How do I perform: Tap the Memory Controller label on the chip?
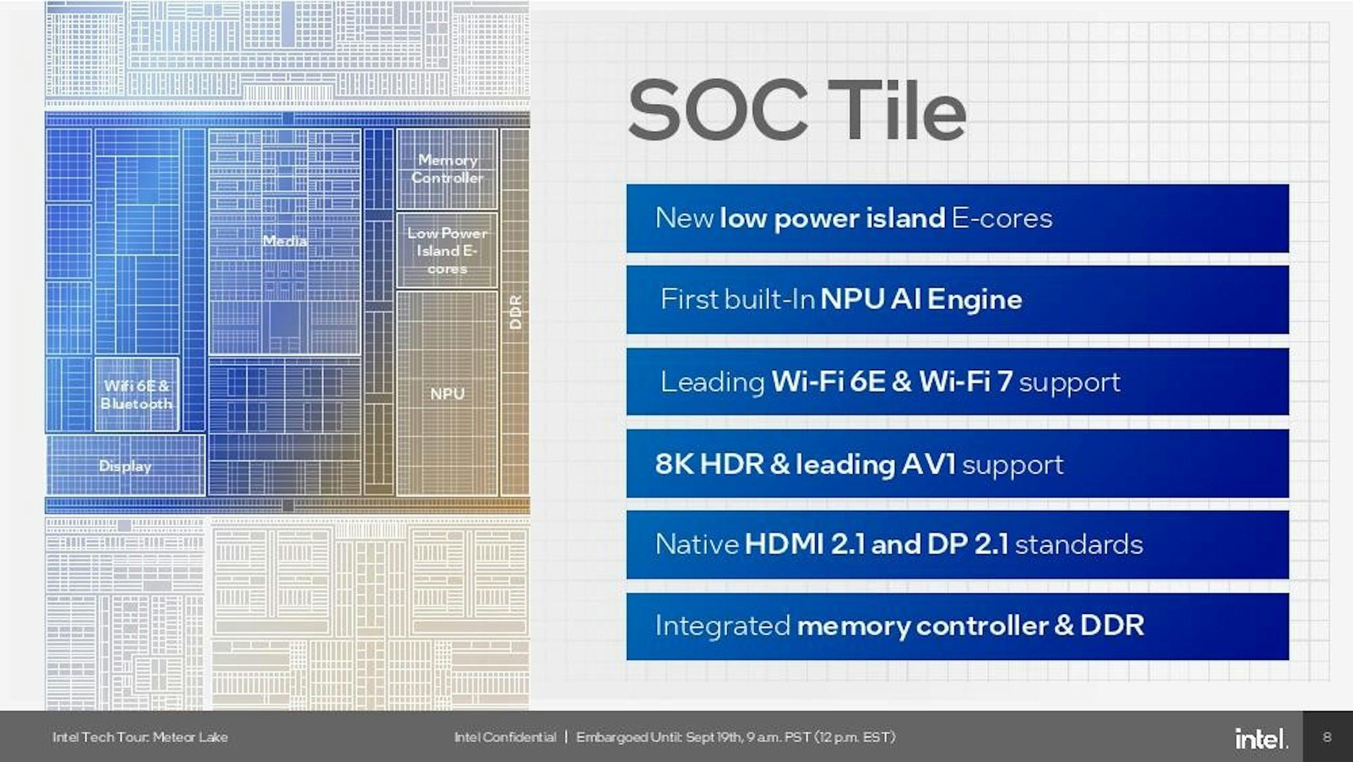pos(448,169)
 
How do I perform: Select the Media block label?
pos(285,241)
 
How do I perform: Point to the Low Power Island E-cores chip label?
pos(447,251)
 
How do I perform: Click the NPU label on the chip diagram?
pos(447,394)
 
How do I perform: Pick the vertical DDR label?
pos(515,312)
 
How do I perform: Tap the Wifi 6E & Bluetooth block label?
pos(136,394)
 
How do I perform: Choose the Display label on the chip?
pos(125,466)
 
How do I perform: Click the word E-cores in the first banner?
pos(1002,218)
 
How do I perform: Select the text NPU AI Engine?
pos(921,299)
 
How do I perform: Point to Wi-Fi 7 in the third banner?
pos(966,381)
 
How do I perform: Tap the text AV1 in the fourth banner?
pos(929,464)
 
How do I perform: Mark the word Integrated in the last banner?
pos(722,626)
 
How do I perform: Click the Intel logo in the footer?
pos(1261,738)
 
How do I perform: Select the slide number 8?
pos(1327,737)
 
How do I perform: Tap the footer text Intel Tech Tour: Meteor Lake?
pos(140,737)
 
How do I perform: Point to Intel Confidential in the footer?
pos(505,737)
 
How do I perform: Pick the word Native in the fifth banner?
pos(697,544)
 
